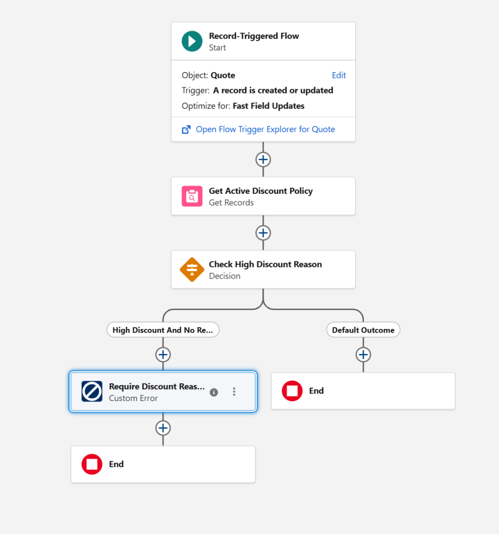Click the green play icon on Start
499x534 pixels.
click(192, 41)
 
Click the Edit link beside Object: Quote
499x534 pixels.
click(339, 75)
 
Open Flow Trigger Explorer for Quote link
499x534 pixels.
click(266, 129)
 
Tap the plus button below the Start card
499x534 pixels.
click(263, 159)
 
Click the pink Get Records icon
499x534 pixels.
click(192, 196)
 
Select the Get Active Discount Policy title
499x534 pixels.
click(261, 191)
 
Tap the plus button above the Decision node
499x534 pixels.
click(263, 233)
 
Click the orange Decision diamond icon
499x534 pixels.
click(192, 270)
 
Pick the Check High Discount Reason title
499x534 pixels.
click(266, 264)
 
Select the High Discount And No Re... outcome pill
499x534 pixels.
click(163, 330)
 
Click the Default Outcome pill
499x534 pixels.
click(363, 330)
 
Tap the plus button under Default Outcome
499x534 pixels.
click(363, 355)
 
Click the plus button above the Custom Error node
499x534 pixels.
click(163, 355)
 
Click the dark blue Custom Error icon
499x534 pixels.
click(92, 391)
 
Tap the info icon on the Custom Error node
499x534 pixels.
click(214, 392)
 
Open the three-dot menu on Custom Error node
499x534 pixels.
click(234, 391)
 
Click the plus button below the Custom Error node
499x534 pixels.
click(163, 428)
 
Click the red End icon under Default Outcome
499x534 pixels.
click(292, 391)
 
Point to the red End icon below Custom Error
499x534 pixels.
click(92, 464)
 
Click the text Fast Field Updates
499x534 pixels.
click(268, 106)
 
